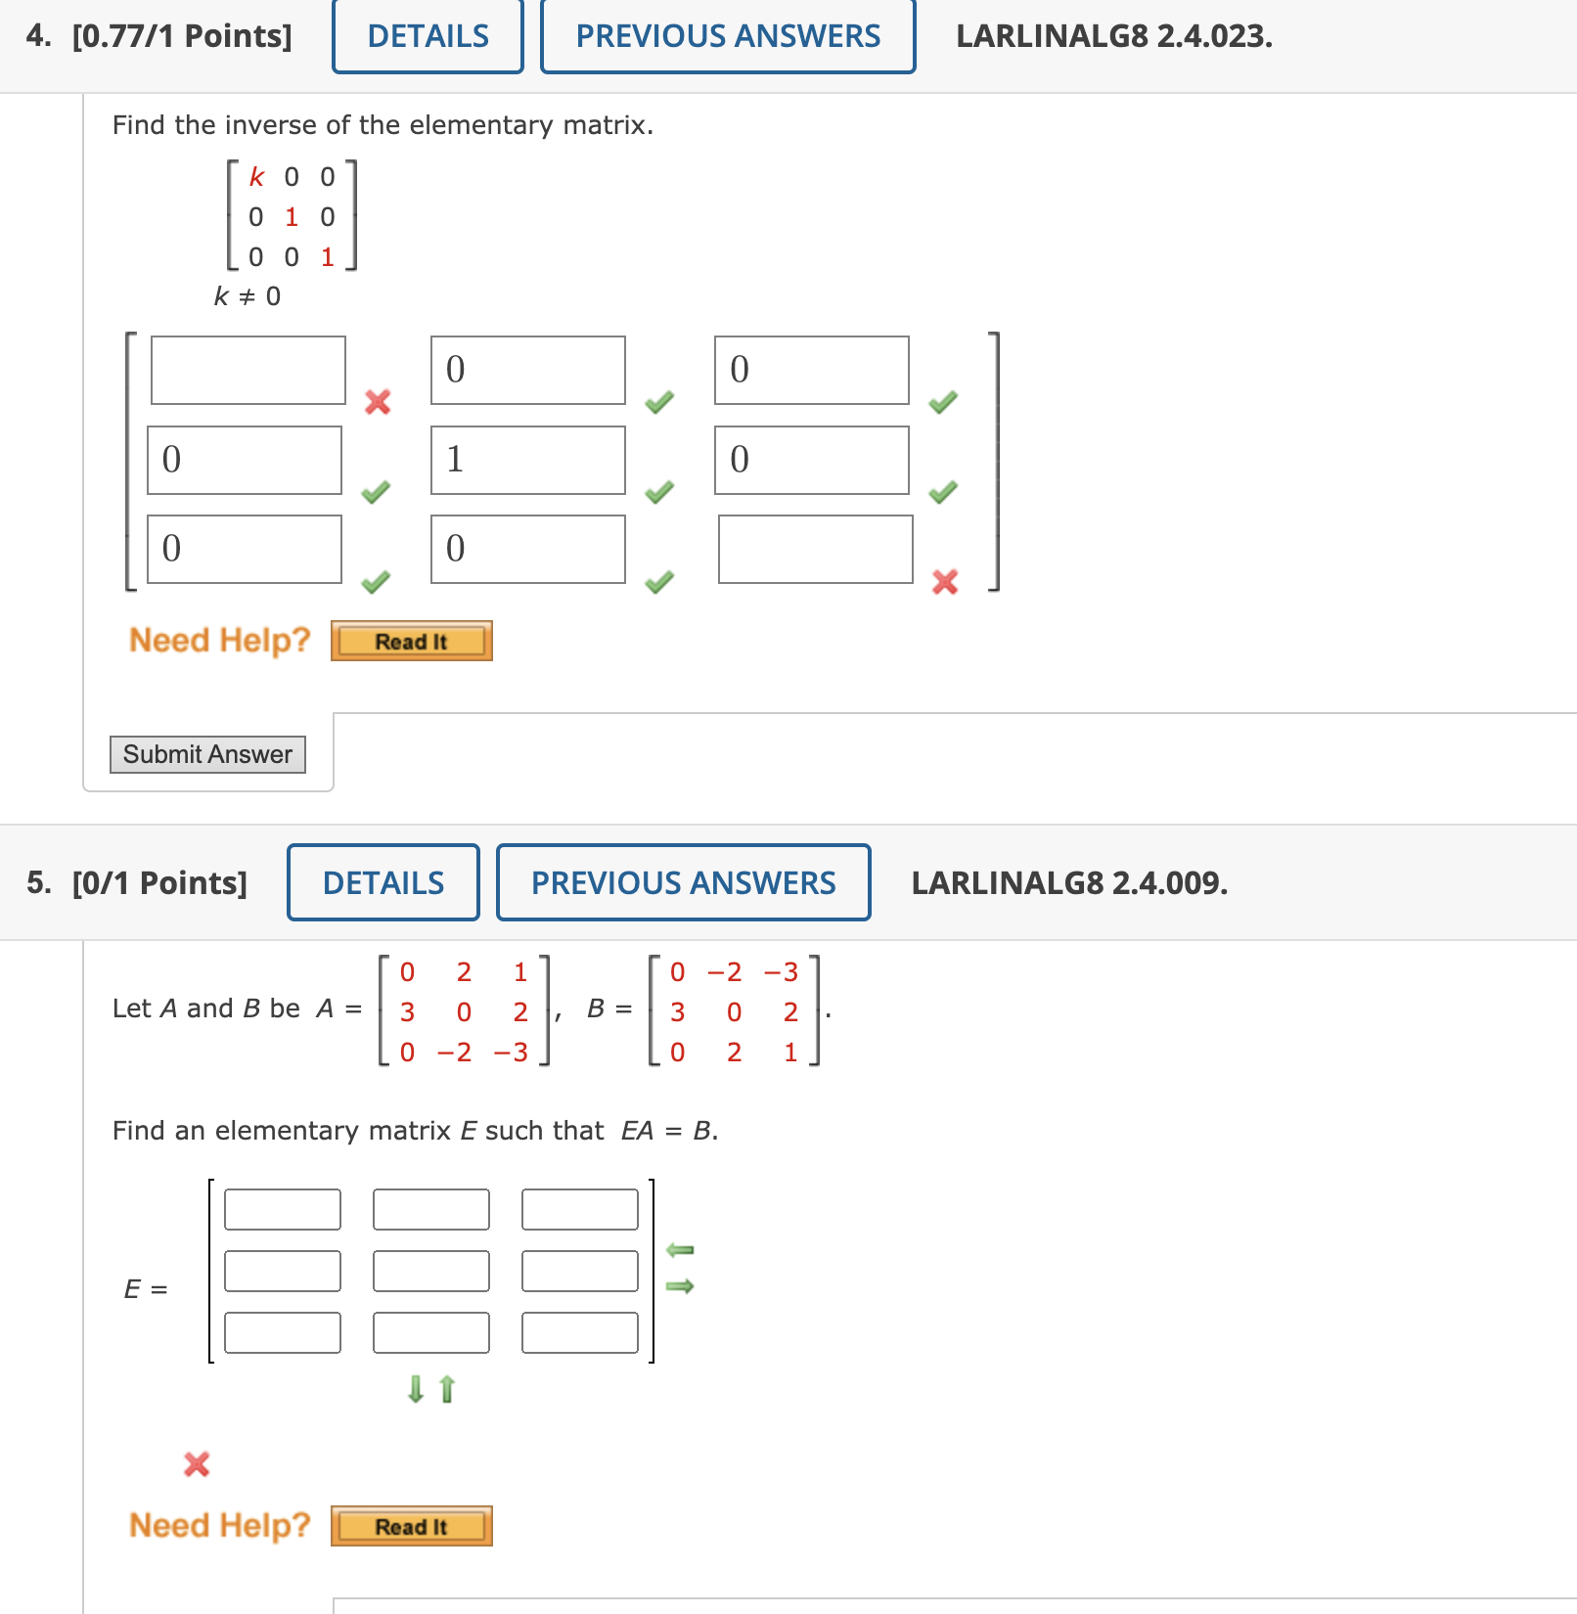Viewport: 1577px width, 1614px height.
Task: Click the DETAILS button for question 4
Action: coord(428,36)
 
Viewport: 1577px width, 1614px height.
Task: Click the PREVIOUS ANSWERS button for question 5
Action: coord(683,882)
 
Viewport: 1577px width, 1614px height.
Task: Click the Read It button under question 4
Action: coord(411,642)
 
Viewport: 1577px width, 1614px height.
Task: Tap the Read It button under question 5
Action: coord(411,1527)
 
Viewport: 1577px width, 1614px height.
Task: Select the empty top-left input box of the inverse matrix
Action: coord(248,370)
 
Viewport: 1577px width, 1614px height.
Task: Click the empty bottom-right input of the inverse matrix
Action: coord(815,550)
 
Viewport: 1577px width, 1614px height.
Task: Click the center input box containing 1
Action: coord(527,460)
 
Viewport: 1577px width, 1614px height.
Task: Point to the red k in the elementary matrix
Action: coord(256,177)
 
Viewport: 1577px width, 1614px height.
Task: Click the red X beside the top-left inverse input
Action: coord(378,402)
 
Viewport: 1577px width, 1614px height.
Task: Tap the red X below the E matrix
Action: coord(197,1463)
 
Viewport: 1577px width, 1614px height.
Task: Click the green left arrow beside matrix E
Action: coord(680,1250)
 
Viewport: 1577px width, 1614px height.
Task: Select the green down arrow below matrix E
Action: coord(416,1389)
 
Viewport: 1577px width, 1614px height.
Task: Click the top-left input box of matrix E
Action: coord(283,1209)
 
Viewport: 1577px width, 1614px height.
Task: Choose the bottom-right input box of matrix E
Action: coord(580,1332)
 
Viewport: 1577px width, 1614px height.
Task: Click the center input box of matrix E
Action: coord(431,1271)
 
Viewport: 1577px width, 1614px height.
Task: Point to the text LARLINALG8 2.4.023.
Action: coord(1114,36)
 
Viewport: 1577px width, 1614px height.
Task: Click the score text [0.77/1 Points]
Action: coord(182,36)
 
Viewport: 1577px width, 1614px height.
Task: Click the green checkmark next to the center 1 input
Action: coord(660,491)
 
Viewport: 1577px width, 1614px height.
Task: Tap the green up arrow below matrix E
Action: coord(447,1389)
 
